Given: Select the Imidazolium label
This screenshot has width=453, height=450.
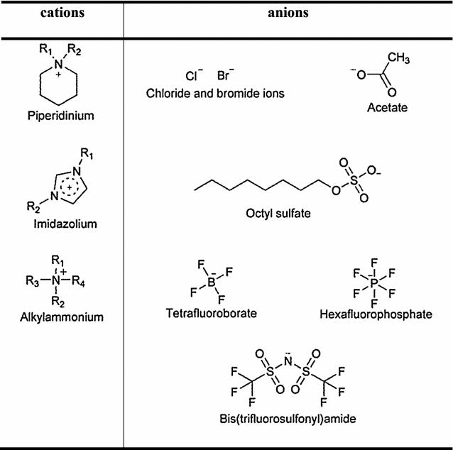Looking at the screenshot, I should (x=61, y=224).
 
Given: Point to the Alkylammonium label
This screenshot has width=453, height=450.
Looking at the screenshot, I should (x=61, y=317).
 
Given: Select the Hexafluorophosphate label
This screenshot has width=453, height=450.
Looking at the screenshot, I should (x=382, y=313).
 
